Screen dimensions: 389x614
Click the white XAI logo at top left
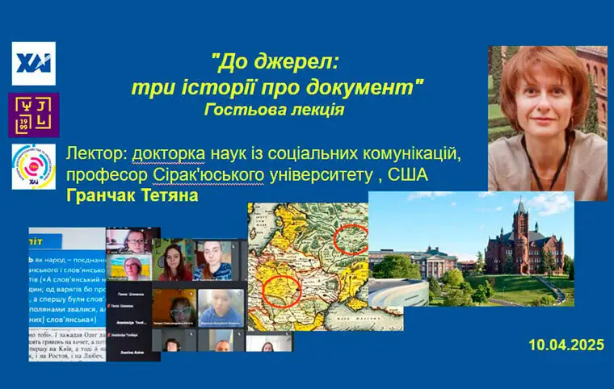click(33, 63)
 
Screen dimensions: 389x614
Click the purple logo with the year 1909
click(33, 115)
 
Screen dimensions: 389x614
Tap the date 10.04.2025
click(566, 345)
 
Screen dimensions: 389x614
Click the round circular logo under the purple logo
click(34, 167)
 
